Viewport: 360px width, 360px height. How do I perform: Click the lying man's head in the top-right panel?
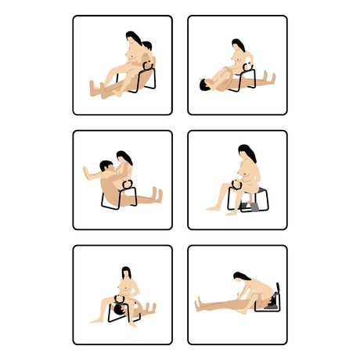204,84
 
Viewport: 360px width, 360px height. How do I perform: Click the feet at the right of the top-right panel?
271,77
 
